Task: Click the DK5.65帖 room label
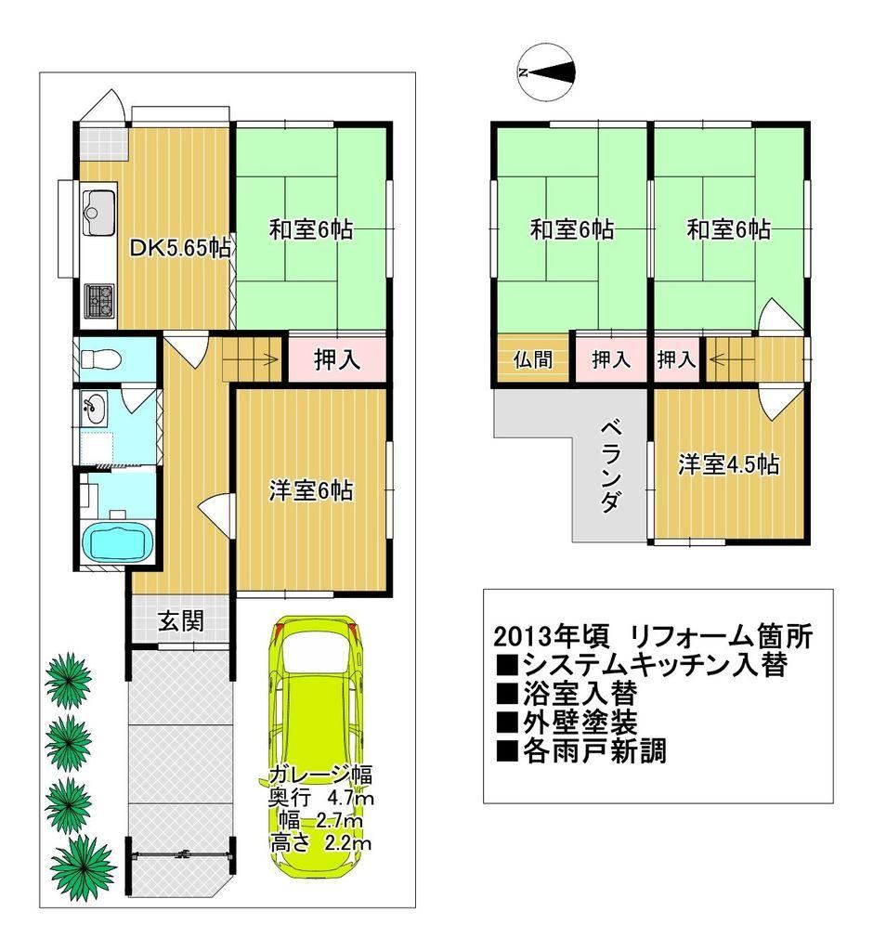click(181, 247)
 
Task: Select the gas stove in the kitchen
click(98, 301)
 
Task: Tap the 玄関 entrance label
click(180, 621)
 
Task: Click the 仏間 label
click(533, 360)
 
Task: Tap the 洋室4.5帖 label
click(729, 464)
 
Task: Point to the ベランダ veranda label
click(610, 467)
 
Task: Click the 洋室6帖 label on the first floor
click(310, 490)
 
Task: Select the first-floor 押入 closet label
click(337, 360)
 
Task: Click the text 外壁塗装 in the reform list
click(580, 722)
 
